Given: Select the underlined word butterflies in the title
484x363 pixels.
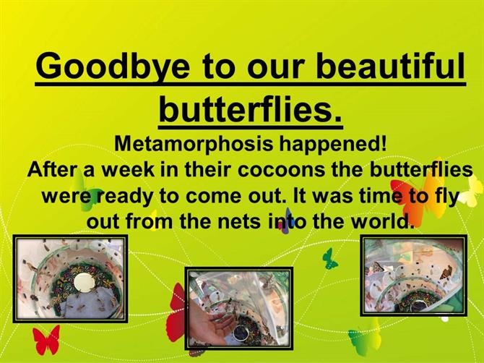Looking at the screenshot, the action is coord(251,109).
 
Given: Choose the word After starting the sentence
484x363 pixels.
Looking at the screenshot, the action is coord(53,170).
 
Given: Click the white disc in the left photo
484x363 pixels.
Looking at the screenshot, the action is coord(84,283).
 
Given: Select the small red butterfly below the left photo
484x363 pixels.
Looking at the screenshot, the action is coord(46,340).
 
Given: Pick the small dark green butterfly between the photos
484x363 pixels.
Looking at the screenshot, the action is coord(330,259).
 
